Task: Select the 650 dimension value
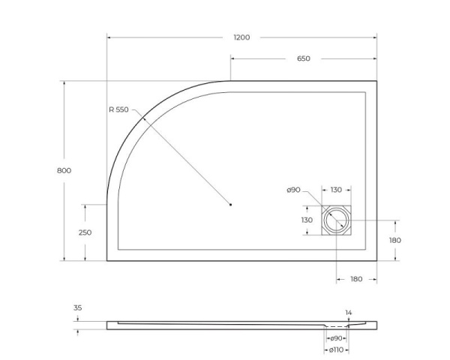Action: [x=303, y=58]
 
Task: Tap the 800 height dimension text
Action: [x=64, y=170]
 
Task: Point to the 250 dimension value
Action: [x=85, y=232]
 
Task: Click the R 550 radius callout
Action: [x=118, y=110]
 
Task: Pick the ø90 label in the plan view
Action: [x=293, y=190]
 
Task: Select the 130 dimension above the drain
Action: [x=336, y=190]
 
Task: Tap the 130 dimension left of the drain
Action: [x=307, y=220]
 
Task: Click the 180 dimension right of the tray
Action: [x=395, y=240]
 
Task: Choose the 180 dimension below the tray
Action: [x=356, y=279]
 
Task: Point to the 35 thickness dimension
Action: [x=79, y=307]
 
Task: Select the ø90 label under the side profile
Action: [x=337, y=338]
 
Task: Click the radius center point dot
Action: [x=231, y=204]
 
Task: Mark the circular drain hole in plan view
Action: [x=336, y=220]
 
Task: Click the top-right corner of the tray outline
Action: [x=376, y=81]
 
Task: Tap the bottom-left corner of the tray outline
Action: [x=107, y=261]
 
